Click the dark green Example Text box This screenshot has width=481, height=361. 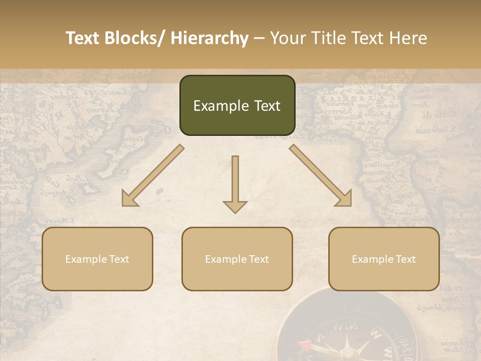[x=237, y=105]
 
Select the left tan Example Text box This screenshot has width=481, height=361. [x=97, y=259]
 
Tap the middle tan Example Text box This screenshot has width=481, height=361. [x=237, y=259]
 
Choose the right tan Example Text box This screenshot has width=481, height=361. [x=384, y=259]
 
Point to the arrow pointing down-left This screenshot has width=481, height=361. [x=153, y=175]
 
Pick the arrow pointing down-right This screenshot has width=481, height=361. [x=321, y=175]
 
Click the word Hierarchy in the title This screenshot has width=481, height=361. [x=209, y=39]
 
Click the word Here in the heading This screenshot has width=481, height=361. [x=408, y=39]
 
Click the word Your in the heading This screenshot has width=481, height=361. [x=287, y=39]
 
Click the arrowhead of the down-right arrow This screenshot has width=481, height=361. [x=344, y=199]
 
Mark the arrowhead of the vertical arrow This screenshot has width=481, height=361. [x=235, y=207]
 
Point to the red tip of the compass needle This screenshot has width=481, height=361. [x=304, y=344]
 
